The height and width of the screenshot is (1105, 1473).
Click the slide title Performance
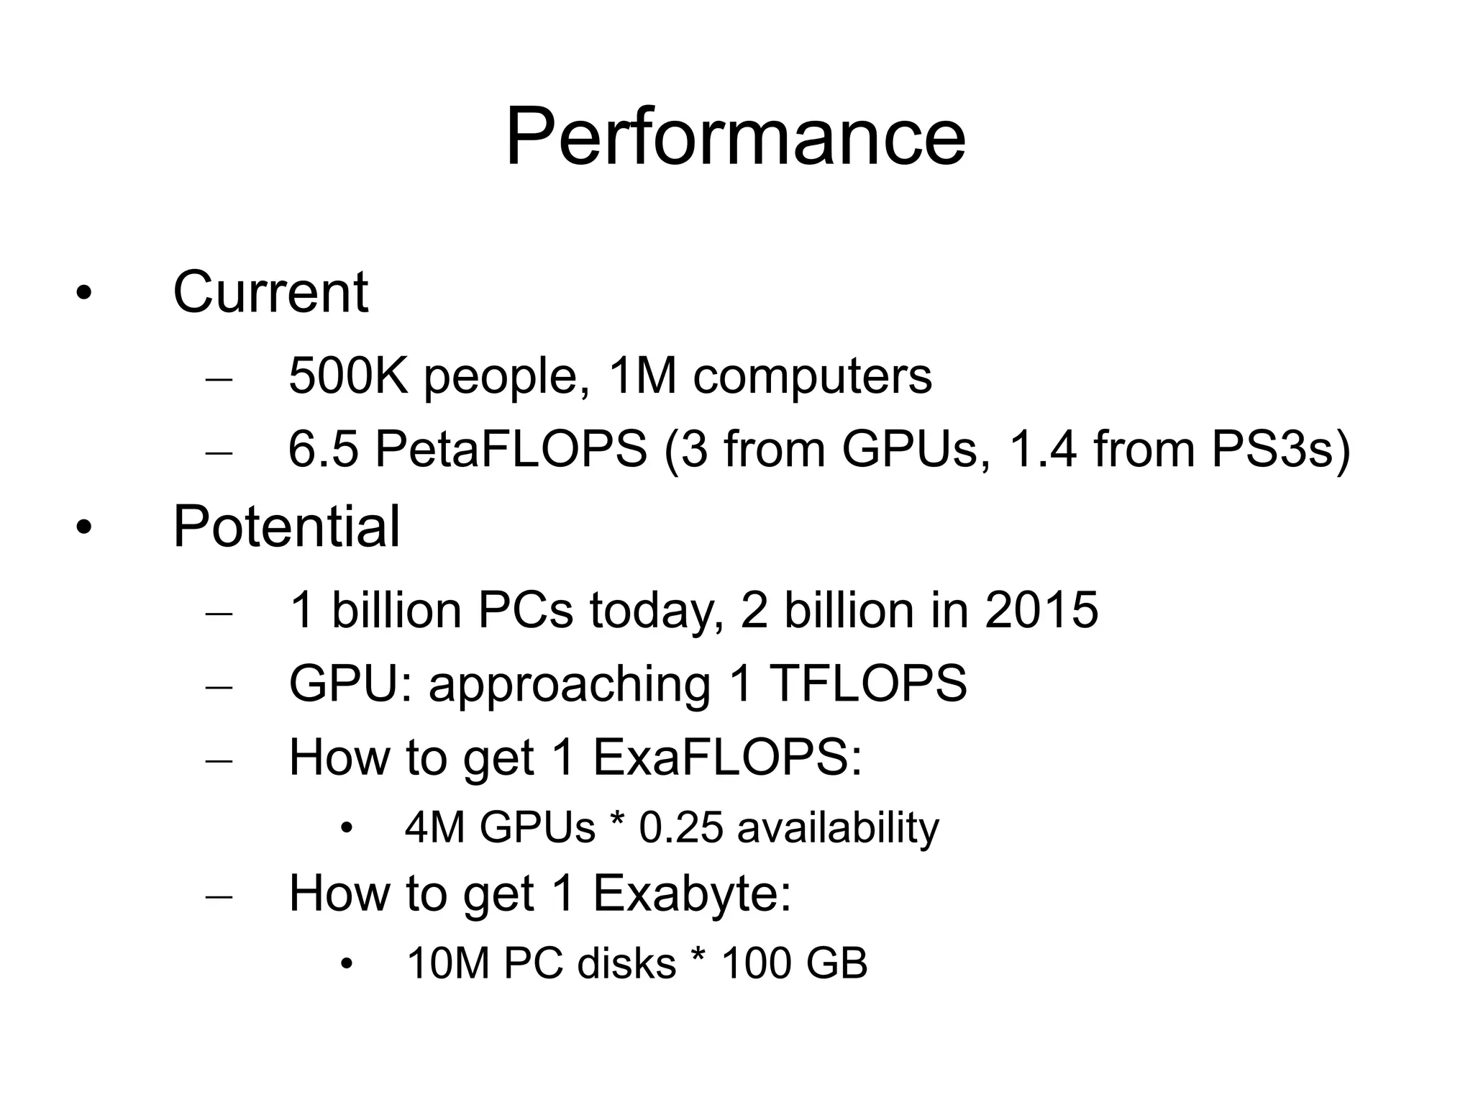[x=735, y=137]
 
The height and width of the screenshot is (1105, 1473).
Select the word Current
[x=270, y=292]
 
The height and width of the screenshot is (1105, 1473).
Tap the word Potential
[x=286, y=527]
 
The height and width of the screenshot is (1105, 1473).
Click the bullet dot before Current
[x=84, y=294]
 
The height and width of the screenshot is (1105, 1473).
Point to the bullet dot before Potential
[x=84, y=529]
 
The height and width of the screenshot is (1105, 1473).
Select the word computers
[x=812, y=376]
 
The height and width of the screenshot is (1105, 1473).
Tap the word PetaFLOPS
[x=511, y=449]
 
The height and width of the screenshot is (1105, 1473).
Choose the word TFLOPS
[x=868, y=683]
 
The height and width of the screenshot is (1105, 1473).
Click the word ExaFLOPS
[x=727, y=757]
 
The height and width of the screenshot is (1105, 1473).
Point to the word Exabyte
[x=691, y=893]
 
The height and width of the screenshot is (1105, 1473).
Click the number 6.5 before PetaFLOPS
[x=323, y=449]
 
